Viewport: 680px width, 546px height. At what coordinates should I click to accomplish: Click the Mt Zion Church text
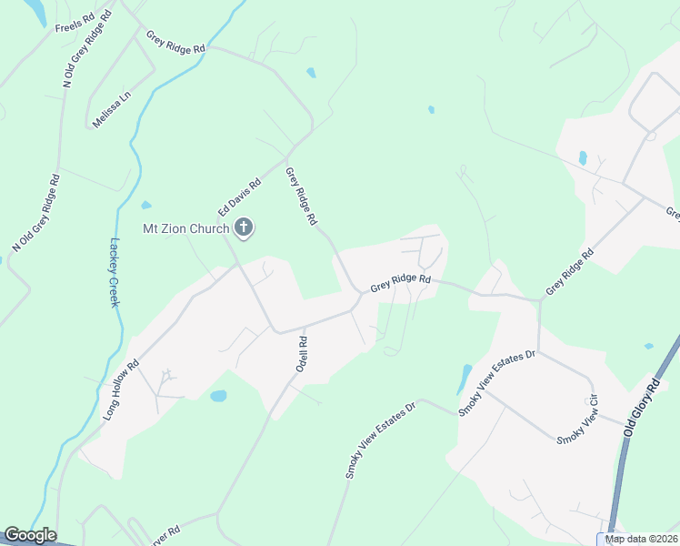coord(185,228)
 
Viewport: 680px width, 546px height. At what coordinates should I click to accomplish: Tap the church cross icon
coord(243,227)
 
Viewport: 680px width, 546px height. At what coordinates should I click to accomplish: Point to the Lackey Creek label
coord(115,272)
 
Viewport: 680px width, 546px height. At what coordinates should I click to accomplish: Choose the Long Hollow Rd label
coord(120,389)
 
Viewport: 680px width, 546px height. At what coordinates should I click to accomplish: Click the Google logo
coord(30,535)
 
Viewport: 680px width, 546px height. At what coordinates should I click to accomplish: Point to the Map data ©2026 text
coord(641,539)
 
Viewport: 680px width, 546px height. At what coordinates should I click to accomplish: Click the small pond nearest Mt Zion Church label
coord(145,205)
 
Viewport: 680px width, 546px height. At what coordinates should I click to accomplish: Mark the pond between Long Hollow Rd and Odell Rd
coord(218,396)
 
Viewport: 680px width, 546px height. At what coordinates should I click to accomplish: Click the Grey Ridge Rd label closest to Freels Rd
coord(176,42)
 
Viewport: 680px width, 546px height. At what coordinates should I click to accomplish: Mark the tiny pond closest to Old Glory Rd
coord(647,347)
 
